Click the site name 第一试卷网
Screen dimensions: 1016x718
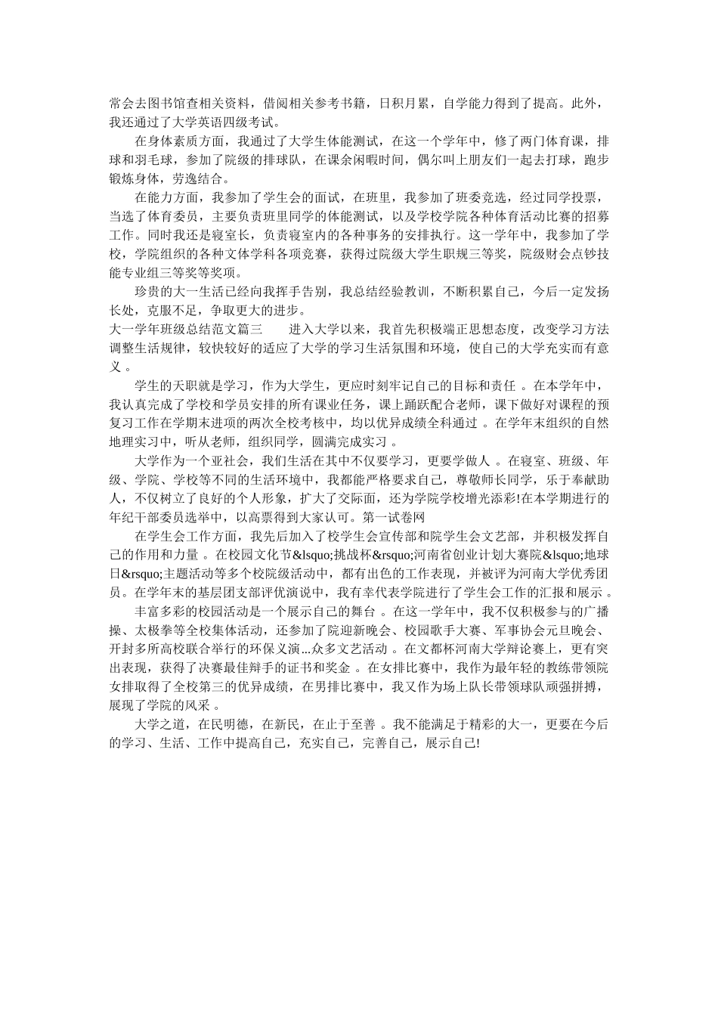tap(395, 516)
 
